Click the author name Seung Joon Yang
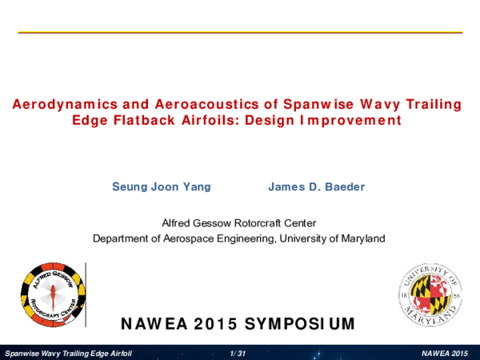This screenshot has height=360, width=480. pos(162,187)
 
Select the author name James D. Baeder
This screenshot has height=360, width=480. pos(316,187)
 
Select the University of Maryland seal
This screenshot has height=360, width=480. pos(430,294)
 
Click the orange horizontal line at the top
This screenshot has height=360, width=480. pos(240,32)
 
